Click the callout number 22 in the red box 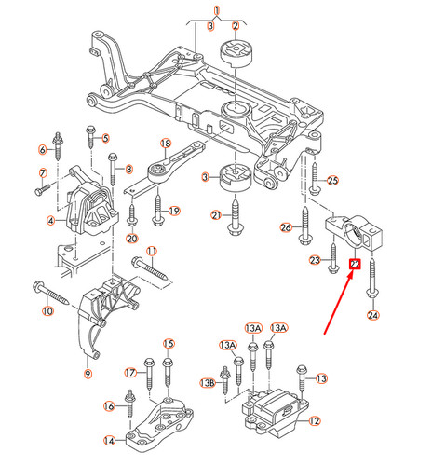(x=354, y=265)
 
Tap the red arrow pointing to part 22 (x=336, y=303)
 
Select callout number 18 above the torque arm (x=166, y=144)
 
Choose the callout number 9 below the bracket (x=88, y=374)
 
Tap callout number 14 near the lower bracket (x=109, y=441)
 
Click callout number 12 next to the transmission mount (x=314, y=421)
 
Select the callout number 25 (x=332, y=180)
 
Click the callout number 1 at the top (x=216, y=12)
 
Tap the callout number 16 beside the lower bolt (x=108, y=405)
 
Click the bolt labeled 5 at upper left (x=91, y=139)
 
